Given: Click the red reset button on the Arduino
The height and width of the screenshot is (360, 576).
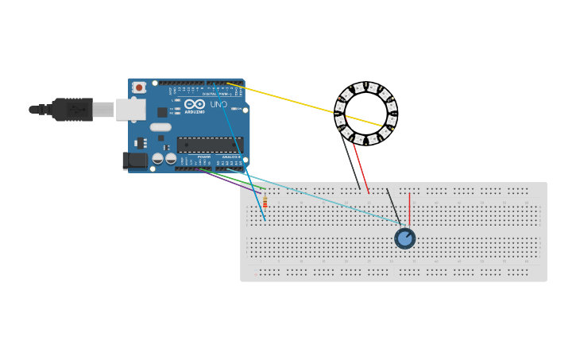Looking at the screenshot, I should click(139, 87).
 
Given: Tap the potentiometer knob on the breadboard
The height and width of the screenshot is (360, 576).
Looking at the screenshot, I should click(405, 238).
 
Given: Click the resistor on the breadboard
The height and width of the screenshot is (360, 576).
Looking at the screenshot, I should click(265, 202).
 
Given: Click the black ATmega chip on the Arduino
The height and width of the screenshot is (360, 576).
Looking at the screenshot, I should click(210, 145).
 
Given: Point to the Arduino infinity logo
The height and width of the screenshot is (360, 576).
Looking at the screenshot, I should click(195, 104).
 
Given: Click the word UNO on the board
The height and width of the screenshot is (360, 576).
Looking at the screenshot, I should click(218, 104).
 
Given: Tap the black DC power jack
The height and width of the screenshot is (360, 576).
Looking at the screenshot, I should click(136, 161).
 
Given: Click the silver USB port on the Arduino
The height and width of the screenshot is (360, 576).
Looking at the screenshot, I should click(130, 110).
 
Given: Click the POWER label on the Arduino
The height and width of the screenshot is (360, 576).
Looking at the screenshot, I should click(203, 157).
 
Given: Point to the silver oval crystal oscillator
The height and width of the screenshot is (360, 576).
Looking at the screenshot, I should click(160, 127).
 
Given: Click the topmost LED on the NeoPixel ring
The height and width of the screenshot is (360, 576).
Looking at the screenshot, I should click(365, 87).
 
